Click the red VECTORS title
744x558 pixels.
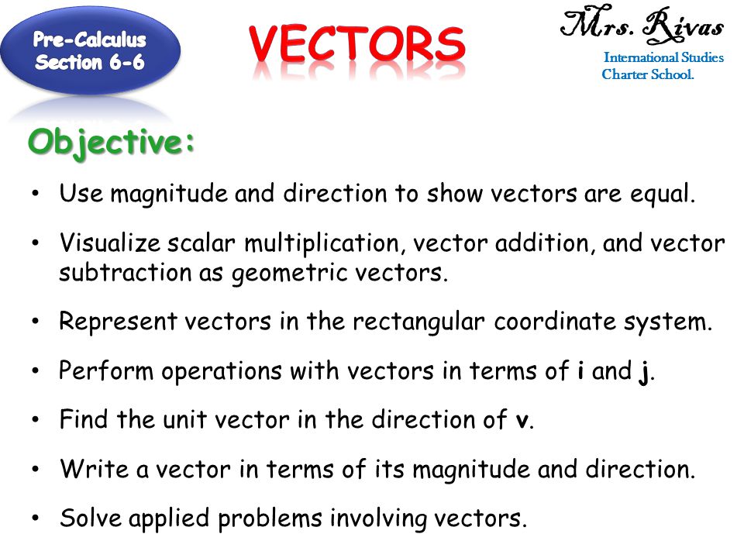[358, 46]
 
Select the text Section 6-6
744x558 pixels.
[90, 63]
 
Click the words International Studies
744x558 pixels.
[663, 58]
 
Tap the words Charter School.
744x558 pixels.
[648, 75]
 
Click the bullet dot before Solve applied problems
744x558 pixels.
[36, 518]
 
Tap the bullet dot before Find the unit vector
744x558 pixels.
[36, 421]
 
